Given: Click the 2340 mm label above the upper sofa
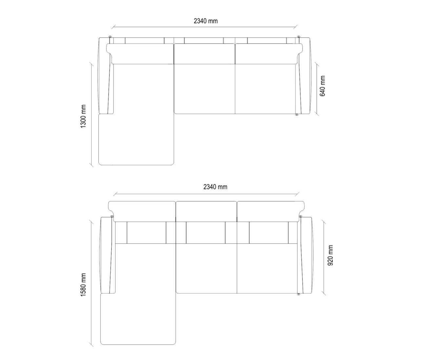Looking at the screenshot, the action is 205,21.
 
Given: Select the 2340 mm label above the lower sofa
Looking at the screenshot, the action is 215,187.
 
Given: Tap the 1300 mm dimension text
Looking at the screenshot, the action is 83,116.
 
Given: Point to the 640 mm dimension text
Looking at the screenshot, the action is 322,86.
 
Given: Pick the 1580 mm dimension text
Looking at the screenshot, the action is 83,285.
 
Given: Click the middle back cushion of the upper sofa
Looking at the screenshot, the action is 204,54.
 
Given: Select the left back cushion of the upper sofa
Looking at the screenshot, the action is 140,54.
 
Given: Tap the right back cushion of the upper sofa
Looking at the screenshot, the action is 269,54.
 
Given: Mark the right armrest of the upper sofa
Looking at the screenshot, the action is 304,76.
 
